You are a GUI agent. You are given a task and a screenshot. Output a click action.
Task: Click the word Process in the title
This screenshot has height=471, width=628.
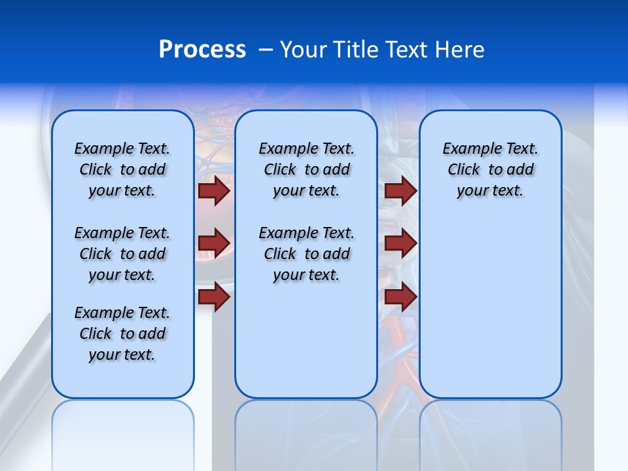(202, 50)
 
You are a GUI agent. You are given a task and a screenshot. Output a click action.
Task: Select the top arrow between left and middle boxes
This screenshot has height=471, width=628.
(214, 191)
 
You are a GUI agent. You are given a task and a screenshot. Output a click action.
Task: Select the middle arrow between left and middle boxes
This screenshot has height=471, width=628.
(214, 243)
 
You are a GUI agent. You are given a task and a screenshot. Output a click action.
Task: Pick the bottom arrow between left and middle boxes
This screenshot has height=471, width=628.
(214, 297)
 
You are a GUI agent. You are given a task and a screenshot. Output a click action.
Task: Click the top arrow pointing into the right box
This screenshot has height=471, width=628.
(400, 191)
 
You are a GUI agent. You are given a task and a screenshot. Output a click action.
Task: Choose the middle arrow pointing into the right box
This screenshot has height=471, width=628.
(400, 243)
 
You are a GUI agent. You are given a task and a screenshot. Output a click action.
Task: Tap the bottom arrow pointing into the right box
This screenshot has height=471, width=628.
(400, 297)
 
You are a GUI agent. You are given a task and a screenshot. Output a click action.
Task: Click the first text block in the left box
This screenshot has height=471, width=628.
(122, 169)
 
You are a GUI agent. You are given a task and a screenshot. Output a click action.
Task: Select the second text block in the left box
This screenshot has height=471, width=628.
(122, 254)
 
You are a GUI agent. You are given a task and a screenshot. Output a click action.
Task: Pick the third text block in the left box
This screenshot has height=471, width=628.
(122, 334)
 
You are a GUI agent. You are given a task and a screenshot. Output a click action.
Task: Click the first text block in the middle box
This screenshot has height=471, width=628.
(306, 169)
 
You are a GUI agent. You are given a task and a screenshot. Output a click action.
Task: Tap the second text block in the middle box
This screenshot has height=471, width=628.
(306, 254)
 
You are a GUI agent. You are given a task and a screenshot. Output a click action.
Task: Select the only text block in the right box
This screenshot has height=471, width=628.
(490, 169)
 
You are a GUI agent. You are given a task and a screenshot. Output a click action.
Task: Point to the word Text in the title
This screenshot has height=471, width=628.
(405, 50)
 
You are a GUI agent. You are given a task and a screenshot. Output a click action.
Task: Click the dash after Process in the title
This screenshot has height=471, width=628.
(266, 50)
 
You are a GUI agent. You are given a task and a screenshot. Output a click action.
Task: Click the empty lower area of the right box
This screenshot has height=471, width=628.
(490, 307)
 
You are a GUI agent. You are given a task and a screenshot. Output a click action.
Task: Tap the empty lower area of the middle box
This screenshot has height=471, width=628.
(306, 340)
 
